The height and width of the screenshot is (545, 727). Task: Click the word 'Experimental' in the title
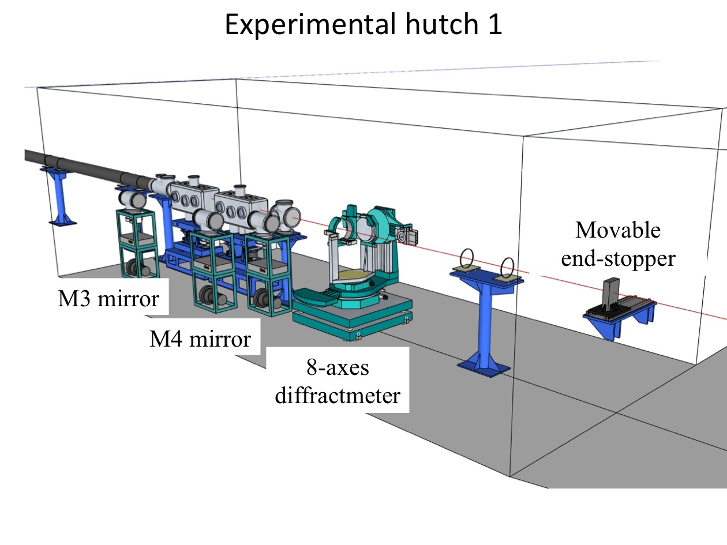click(311, 25)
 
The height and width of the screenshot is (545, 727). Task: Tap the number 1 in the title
click(495, 24)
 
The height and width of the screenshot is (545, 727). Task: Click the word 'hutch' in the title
click(442, 24)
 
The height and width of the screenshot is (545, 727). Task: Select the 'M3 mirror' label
click(108, 299)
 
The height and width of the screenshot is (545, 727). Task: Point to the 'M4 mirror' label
click(200, 339)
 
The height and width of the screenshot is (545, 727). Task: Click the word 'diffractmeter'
click(338, 395)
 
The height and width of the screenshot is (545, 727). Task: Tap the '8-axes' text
click(338, 367)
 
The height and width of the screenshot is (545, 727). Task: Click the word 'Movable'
click(618, 230)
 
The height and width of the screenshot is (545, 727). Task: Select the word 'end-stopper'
click(618, 258)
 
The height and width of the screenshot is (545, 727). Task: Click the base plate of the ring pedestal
click(484, 367)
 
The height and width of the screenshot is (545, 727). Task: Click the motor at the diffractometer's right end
click(407, 234)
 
